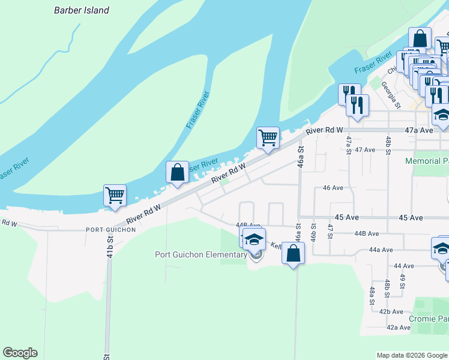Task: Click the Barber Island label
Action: pos(82,10)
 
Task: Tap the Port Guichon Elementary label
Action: pos(200,254)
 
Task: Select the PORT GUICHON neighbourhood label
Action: pos(108,230)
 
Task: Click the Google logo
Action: pos(20,353)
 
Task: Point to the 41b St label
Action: pos(110,247)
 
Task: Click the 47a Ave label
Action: pos(419,130)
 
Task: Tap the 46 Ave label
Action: pos(333,188)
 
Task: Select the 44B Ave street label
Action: pos(367,233)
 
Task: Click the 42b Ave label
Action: pos(391,311)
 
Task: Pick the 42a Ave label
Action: pos(398,328)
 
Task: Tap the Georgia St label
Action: pos(391,95)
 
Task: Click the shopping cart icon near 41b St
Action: pos(115,194)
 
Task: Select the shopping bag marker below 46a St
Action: pos(293,253)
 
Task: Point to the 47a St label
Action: pos(348,145)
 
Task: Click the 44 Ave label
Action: pos(404,266)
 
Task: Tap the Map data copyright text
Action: pos(412,355)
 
